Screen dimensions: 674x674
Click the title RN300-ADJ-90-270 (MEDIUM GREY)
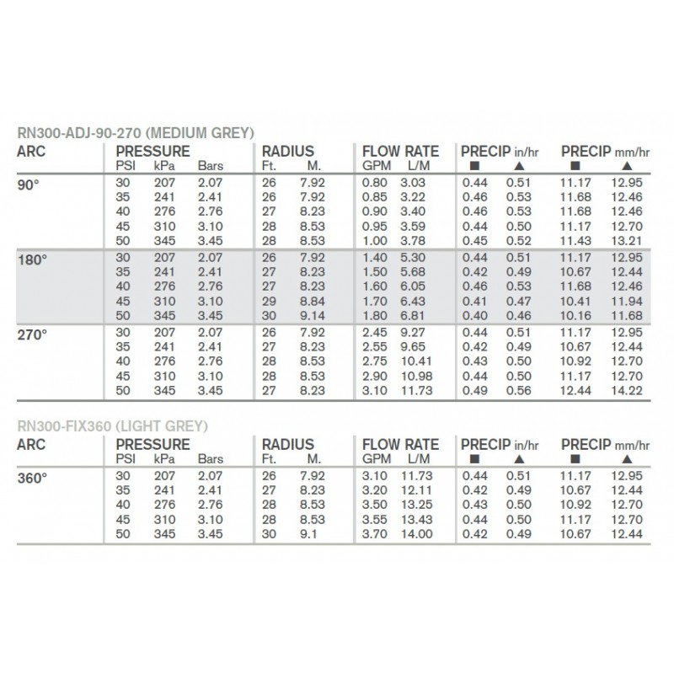(x=136, y=132)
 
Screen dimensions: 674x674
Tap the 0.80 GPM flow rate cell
(x=374, y=183)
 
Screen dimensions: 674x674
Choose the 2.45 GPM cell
(x=375, y=333)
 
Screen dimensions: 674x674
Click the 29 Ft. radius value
(x=269, y=300)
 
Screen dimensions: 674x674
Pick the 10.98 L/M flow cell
(x=416, y=376)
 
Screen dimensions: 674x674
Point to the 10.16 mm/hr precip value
(x=575, y=314)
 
